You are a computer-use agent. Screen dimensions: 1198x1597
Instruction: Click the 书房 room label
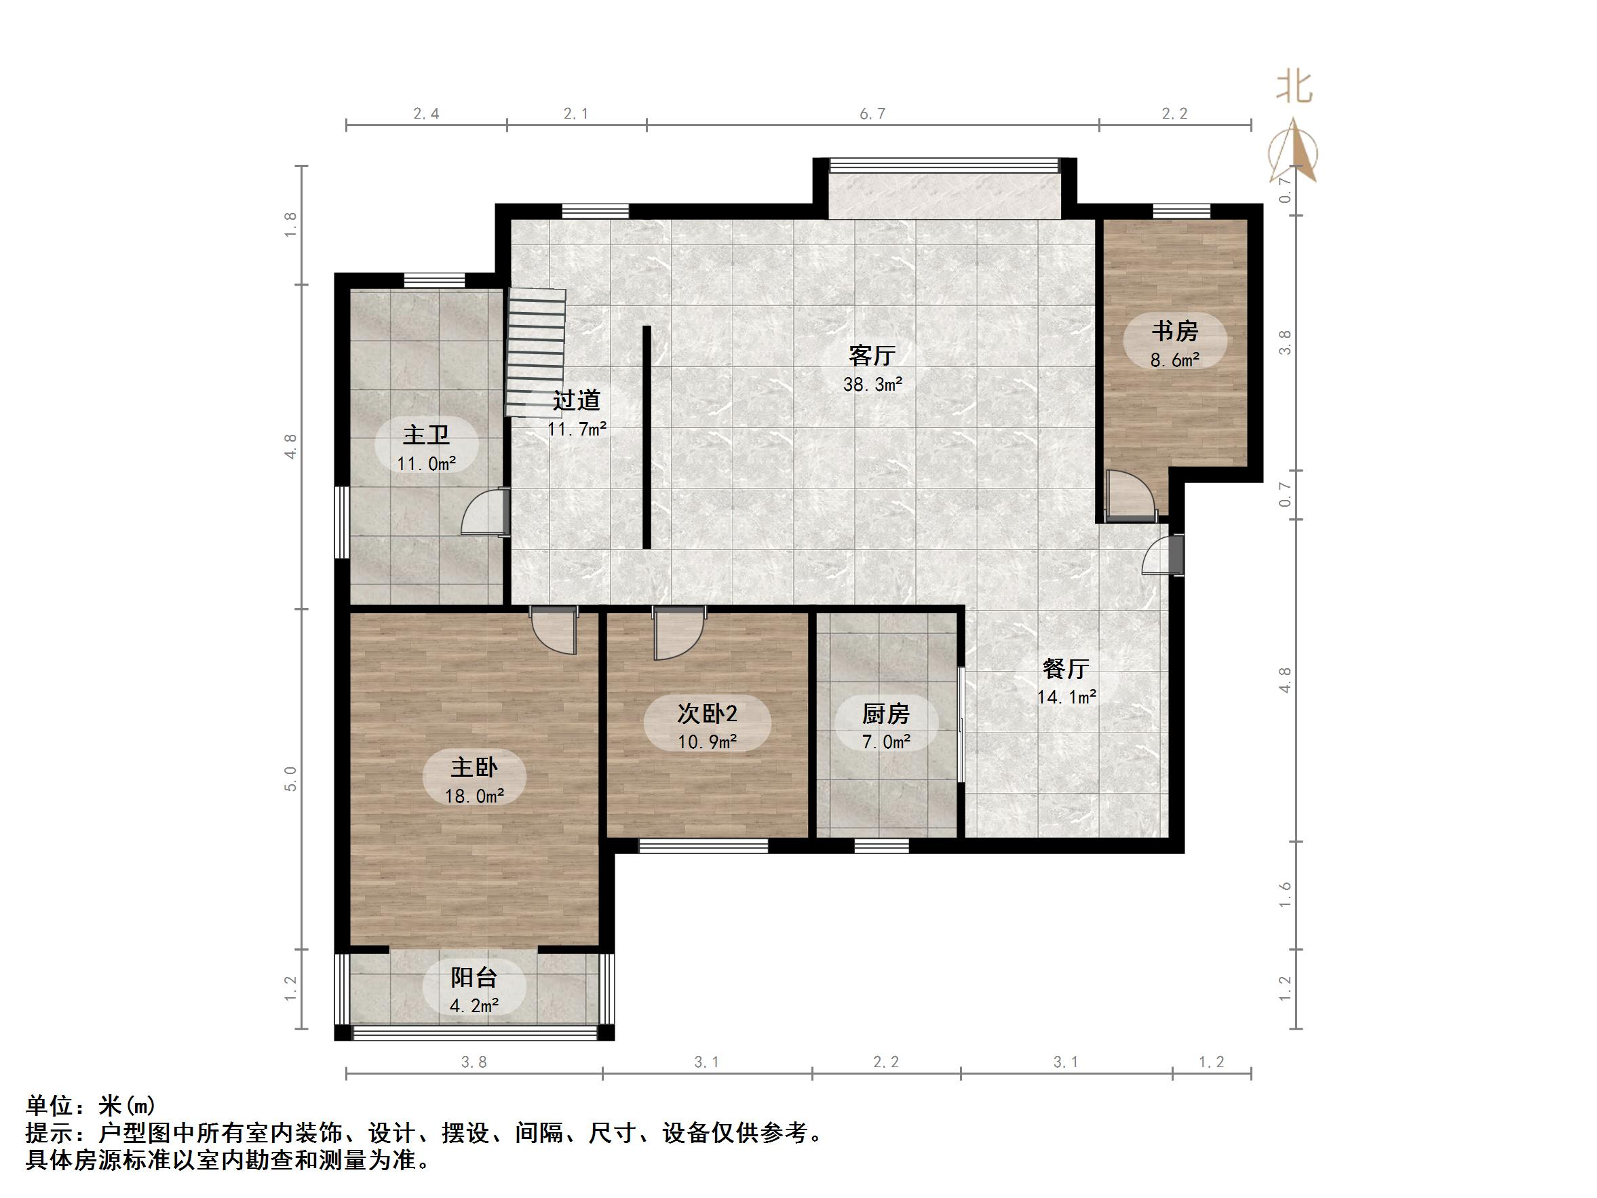click(x=1174, y=332)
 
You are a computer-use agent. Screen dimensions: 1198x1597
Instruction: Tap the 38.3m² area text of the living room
click(x=872, y=384)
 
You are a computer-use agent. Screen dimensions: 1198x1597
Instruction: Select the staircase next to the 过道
click(x=535, y=352)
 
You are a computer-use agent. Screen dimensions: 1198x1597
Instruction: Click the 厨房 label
click(x=885, y=714)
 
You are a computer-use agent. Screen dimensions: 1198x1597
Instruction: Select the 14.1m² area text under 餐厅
click(x=1066, y=697)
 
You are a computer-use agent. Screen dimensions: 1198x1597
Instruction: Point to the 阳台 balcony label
click(x=474, y=978)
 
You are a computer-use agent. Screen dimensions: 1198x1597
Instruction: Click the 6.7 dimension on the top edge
click(x=872, y=113)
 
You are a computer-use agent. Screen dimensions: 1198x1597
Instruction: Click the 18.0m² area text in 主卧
click(x=474, y=796)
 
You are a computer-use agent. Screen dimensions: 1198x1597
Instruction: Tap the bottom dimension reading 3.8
click(x=474, y=1062)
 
